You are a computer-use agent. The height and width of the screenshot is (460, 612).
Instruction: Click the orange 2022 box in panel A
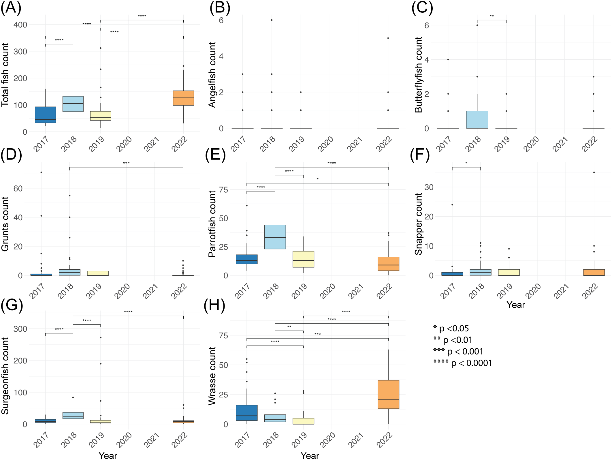[x=183, y=98]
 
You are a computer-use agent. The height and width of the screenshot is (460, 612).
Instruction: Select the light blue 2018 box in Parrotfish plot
[x=275, y=237]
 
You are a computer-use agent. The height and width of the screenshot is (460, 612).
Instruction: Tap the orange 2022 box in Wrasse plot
[x=388, y=394]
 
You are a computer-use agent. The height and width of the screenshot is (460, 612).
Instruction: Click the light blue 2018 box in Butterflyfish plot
[x=477, y=120]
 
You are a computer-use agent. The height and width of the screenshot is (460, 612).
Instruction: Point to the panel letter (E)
[x=215, y=155]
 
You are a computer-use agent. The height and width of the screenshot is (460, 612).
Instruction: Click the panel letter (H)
[x=214, y=305]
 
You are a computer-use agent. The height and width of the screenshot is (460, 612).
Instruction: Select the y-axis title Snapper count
[x=418, y=224]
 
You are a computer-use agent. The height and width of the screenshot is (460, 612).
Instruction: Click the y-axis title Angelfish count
[x=212, y=75]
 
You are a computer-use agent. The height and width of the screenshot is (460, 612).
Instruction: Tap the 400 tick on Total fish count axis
[x=20, y=25]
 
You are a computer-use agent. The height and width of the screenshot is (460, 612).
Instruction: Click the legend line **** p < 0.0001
[x=463, y=363]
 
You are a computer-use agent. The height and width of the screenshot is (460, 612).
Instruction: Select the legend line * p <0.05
[x=451, y=328]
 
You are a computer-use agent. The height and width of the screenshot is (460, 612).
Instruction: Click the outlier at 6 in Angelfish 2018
[x=272, y=20]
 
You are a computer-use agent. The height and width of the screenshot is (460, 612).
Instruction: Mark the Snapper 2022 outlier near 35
[x=594, y=172]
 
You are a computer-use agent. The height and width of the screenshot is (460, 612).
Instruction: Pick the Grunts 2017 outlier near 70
[x=41, y=172]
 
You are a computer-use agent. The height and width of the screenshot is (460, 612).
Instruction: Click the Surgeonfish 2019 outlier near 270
[x=101, y=337]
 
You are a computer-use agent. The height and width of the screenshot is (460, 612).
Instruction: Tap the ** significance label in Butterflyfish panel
[x=492, y=16]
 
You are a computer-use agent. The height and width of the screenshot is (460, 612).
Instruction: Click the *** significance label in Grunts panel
[x=126, y=163]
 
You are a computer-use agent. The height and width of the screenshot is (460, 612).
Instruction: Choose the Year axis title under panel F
[x=516, y=305]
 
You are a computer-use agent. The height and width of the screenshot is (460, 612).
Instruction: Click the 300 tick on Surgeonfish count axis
[x=20, y=329]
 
